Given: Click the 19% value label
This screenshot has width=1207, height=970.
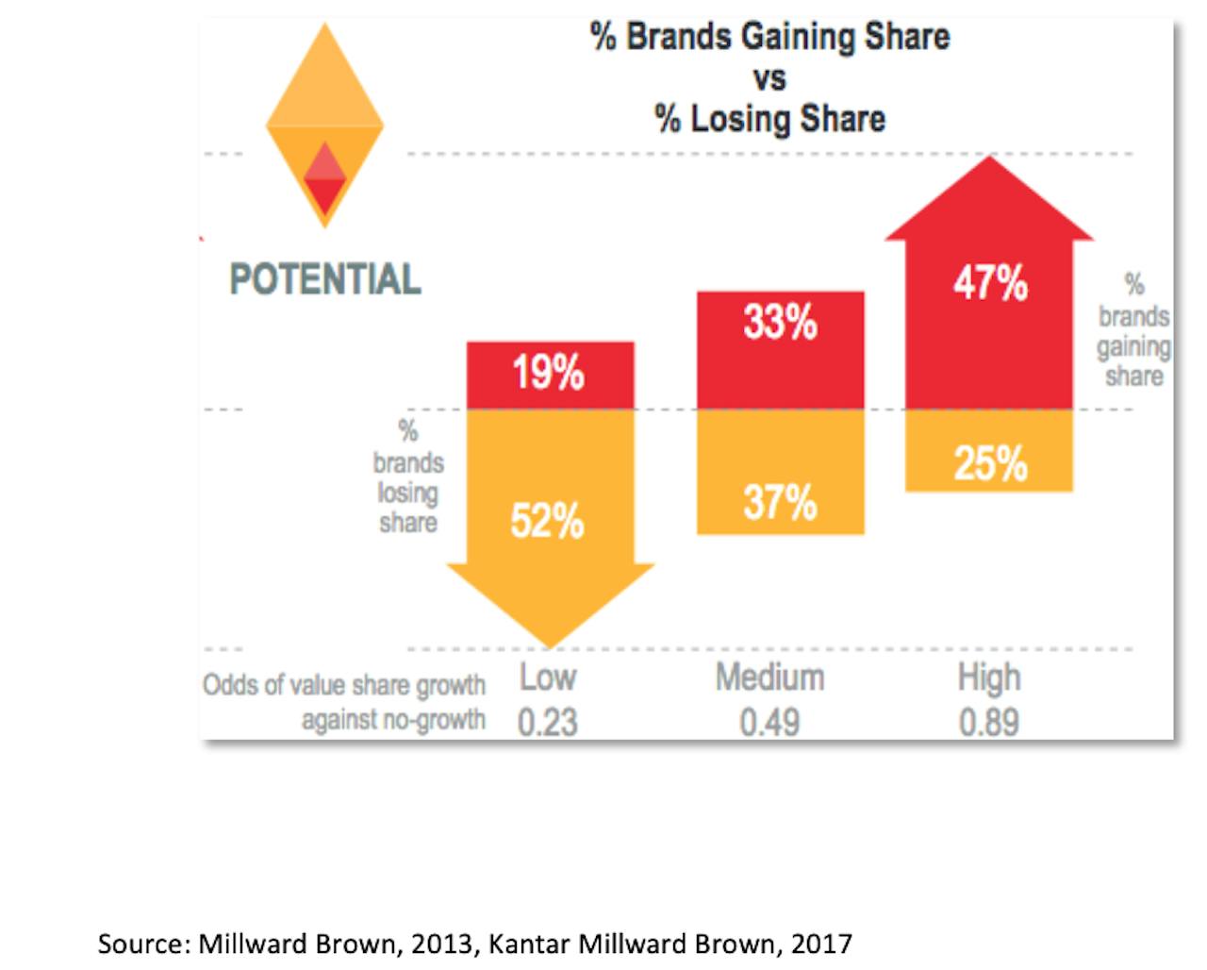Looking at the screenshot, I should tap(548, 373).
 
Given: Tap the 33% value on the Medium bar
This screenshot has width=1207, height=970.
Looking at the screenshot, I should tap(780, 323).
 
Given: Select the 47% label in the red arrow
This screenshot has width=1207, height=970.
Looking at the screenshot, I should tap(989, 282).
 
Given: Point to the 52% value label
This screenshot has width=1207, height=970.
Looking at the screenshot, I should tap(547, 521).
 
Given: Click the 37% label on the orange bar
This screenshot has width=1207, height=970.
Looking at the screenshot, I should tap(780, 502).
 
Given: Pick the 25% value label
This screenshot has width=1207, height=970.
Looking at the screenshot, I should tap(989, 463).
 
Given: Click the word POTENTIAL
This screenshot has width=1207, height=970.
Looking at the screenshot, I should tap(325, 279).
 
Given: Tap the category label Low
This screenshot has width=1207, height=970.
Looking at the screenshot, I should tap(548, 677).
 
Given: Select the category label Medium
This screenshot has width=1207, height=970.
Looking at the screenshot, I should tap(769, 677).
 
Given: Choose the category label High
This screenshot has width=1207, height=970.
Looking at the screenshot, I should tap(989, 677).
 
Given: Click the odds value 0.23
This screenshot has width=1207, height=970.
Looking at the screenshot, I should tap(548, 723).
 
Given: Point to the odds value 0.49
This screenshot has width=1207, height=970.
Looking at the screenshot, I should tap(769, 723).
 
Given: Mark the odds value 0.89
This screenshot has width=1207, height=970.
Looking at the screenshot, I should tap(989, 723).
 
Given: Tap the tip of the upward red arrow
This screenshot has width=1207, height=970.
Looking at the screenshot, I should tap(989, 160).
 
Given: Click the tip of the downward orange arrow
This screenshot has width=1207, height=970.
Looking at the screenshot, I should tap(550, 644).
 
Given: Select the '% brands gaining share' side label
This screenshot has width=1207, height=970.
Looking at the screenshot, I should tap(1133, 331).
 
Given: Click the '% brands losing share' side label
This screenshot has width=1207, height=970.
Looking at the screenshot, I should tap(408, 477).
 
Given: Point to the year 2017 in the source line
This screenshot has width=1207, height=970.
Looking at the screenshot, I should tap(821, 944).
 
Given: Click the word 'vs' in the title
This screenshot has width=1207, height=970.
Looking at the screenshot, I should tap(769, 78).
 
